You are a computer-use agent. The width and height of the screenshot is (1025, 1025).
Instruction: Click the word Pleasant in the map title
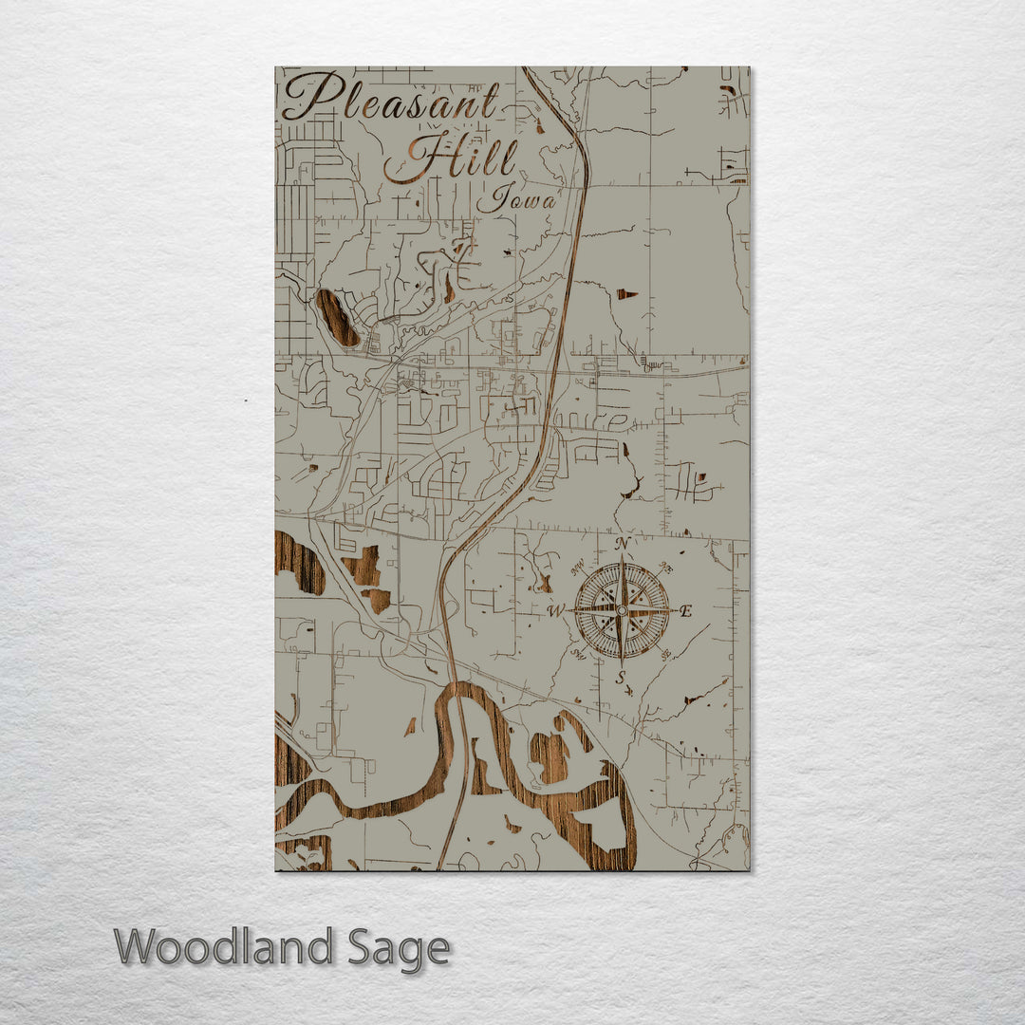click(x=391, y=99)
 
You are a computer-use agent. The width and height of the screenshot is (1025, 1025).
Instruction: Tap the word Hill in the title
click(x=453, y=158)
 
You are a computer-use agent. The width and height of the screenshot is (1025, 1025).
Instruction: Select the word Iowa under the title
click(x=516, y=199)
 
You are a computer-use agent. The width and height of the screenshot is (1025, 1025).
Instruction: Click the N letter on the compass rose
click(x=623, y=544)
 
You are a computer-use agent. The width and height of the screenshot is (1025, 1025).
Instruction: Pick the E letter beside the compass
click(x=686, y=611)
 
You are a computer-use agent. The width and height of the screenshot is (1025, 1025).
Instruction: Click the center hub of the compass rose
click(x=622, y=610)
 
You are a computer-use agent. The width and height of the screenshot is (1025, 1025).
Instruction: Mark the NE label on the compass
click(x=665, y=568)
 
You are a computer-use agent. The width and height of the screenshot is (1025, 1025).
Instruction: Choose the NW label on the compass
click(x=578, y=568)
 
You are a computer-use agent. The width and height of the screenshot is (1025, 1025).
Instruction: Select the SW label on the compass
click(x=578, y=654)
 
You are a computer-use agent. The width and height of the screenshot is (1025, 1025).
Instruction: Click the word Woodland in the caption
click(x=224, y=947)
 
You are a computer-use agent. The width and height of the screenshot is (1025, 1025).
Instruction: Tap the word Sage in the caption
click(x=398, y=947)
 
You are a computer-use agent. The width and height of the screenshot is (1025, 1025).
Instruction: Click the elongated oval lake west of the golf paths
click(x=337, y=317)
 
